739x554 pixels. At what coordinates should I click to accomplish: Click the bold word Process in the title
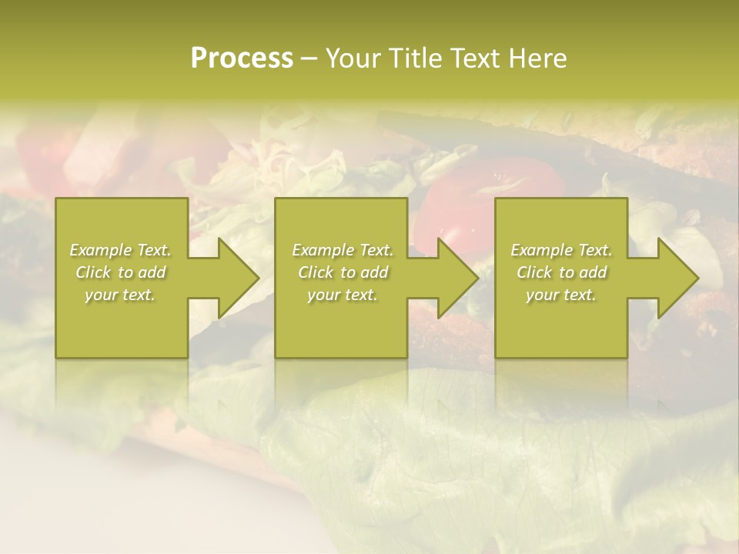242,58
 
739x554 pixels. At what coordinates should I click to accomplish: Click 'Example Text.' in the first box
120,250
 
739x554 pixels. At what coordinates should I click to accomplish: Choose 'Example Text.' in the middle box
343,250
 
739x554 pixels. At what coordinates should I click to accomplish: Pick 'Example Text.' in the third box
561,250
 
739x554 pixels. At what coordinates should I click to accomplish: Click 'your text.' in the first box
120,295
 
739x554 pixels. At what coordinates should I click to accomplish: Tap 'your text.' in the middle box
343,295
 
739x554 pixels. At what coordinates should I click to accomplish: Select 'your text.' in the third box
561,295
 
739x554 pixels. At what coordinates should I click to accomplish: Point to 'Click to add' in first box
120,272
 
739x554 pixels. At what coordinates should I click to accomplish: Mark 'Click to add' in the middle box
343,272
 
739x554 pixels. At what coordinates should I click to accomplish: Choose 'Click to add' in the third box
561,272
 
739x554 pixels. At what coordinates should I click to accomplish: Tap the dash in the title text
309,58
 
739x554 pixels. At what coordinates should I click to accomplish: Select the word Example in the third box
542,250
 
